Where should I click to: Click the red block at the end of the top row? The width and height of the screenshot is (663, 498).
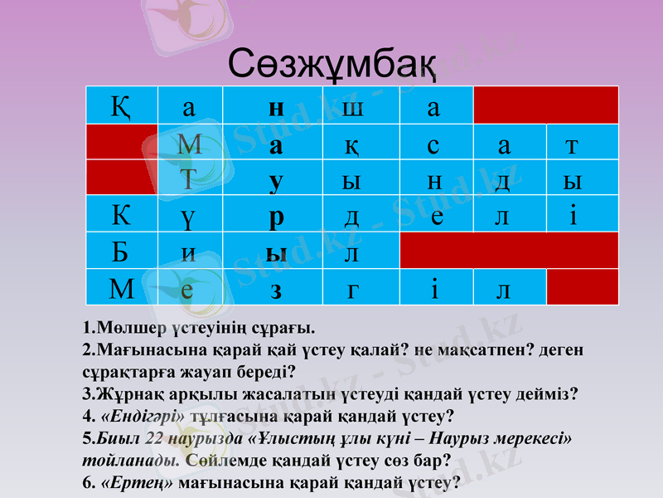(x=545, y=105)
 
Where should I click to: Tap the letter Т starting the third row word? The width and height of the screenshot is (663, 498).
(x=189, y=180)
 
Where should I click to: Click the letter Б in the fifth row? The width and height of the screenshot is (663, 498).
(x=121, y=251)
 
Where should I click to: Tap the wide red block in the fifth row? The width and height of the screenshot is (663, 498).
(x=509, y=250)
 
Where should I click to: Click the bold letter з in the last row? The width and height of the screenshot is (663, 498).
(x=277, y=290)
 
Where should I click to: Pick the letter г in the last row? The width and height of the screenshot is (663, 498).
(x=353, y=290)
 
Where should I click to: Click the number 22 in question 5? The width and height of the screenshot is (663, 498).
(x=154, y=437)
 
